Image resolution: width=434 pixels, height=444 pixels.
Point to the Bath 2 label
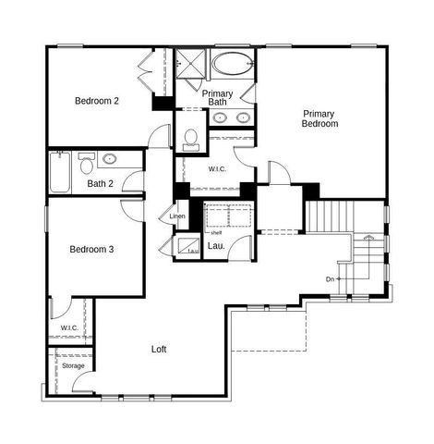pyautogui.click(x=101, y=183)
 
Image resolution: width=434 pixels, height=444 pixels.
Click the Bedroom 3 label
pyautogui.click(x=92, y=250)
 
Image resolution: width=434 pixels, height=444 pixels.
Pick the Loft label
pyautogui.click(x=161, y=350)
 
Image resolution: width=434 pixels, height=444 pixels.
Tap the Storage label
pyautogui.click(x=73, y=365)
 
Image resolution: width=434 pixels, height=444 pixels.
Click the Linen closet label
pyautogui.click(x=177, y=216)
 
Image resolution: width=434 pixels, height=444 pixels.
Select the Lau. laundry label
pyautogui.click(x=215, y=245)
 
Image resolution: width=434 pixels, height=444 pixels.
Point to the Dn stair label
pyautogui.click(x=330, y=278)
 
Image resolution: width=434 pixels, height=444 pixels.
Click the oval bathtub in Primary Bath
pyautogui.click(x=231, y=67)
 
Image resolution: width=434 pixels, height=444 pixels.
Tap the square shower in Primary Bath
pyautogui.click(x=191, y=66)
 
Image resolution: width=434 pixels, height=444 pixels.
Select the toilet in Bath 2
pyautogui.click(x=88, y=165)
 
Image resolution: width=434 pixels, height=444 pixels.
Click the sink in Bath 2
pyautogui.click(x=110, y=158)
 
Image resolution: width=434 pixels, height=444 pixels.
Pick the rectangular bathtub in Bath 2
pyautogui.click(x=60, y=173)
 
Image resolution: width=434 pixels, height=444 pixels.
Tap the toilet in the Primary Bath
pyautogui.click(x=191, y=139)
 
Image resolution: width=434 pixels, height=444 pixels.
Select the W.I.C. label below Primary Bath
pyautogui.click(x=218, y=168)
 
